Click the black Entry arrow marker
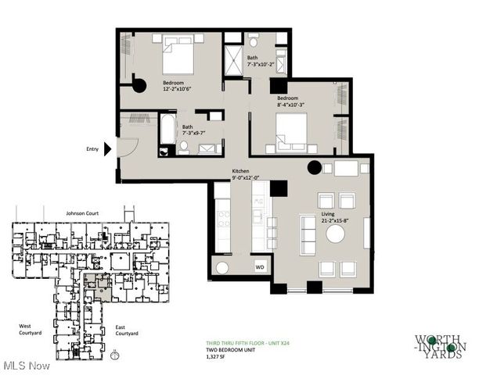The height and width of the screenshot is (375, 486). pyautogui.click(x=110, y=148)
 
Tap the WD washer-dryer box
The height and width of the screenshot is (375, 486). pyautogui.click(x=260, y=268)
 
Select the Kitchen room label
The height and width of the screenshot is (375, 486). pyautogui.click(x=240, y=171)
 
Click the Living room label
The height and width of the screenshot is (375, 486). pyautogui.click(x=329, y=213)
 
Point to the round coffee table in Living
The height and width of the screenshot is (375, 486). pyautogui.click(x=335, y=234)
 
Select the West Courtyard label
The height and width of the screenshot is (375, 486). pyautogui.click(x=32, y=329)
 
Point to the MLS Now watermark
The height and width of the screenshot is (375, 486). pyautogui.click(x=26, y=365)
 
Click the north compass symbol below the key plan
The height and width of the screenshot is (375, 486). pyautogui.click(x=116, y=355)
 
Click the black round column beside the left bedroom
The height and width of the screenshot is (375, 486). pyautogui.click(x=139, y=86)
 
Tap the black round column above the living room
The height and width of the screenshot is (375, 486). pyautogui.click(x=314, y=166)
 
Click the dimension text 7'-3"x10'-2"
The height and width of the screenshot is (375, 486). pyautogui.click(x=261, y=66)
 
